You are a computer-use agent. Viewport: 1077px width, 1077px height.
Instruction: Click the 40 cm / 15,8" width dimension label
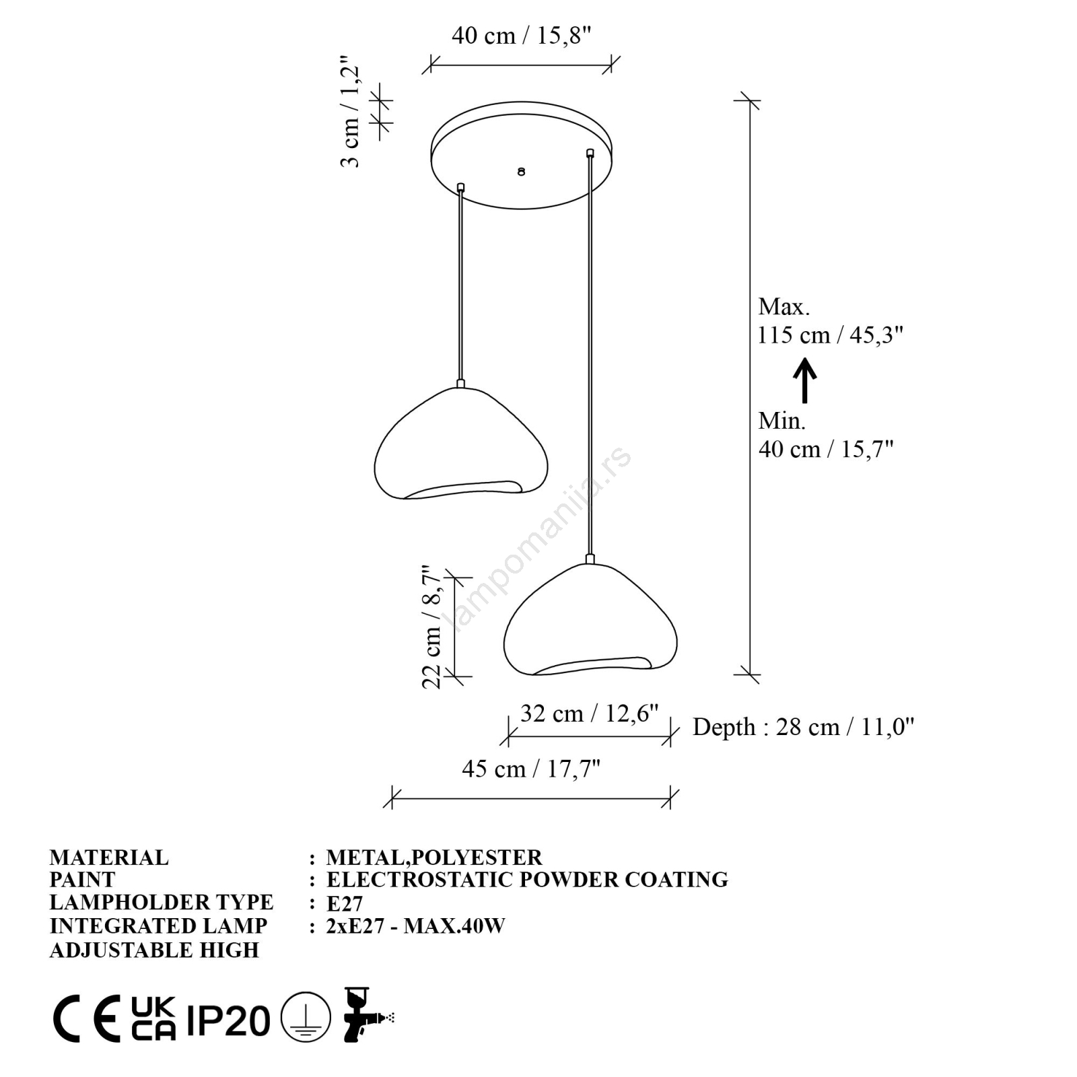pyautogui.click(x=521, y=35)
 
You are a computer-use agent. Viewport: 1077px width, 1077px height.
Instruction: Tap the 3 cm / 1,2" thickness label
pyautogui.click(x=351, y=112)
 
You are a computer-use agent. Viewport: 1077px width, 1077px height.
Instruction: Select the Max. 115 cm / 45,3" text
pyautogui.click(x=830, y=320)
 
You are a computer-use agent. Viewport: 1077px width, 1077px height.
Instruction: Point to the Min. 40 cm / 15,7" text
pyautogui.click(x=826, y=434)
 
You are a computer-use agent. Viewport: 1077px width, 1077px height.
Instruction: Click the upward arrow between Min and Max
pyautogui.click(x=804, y=380)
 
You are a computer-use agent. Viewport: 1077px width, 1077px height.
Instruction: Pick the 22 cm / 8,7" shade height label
pyautogui.click(x=431, y=627)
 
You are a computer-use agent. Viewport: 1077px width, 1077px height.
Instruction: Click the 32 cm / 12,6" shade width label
pyautogui.click(x=589, y=713)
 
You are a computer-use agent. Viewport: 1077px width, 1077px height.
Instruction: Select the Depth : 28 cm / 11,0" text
pyautogui.click(x=804, y=727)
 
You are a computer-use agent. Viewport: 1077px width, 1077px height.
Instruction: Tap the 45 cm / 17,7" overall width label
pyautogui.click(x=531, y=769)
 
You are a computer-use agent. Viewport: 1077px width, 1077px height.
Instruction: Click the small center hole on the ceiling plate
pyautogui.click(x=521, y=172)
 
